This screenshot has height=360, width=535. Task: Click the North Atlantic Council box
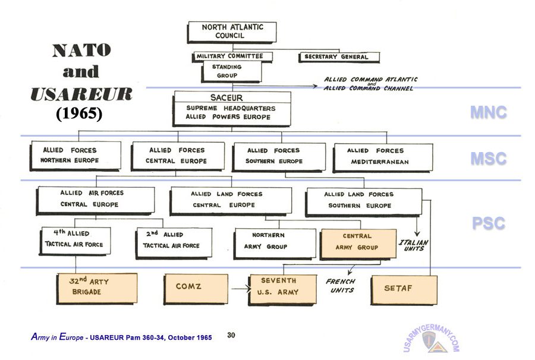tap(232, 31)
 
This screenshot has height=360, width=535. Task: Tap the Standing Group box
tap(228, 71)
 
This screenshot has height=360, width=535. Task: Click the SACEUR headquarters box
tap(232, 108)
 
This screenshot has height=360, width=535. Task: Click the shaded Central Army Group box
tap(357, 242)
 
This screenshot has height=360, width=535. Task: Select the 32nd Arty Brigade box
tap(97, 287)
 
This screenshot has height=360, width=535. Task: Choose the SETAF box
tap(403, 288)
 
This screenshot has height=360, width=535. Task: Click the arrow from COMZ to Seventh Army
tap(239, 289)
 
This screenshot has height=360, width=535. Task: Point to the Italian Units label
tap(414, 245)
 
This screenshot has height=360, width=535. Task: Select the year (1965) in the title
tap(80, 113)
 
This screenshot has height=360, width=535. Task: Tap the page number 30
tap(231, 336)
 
